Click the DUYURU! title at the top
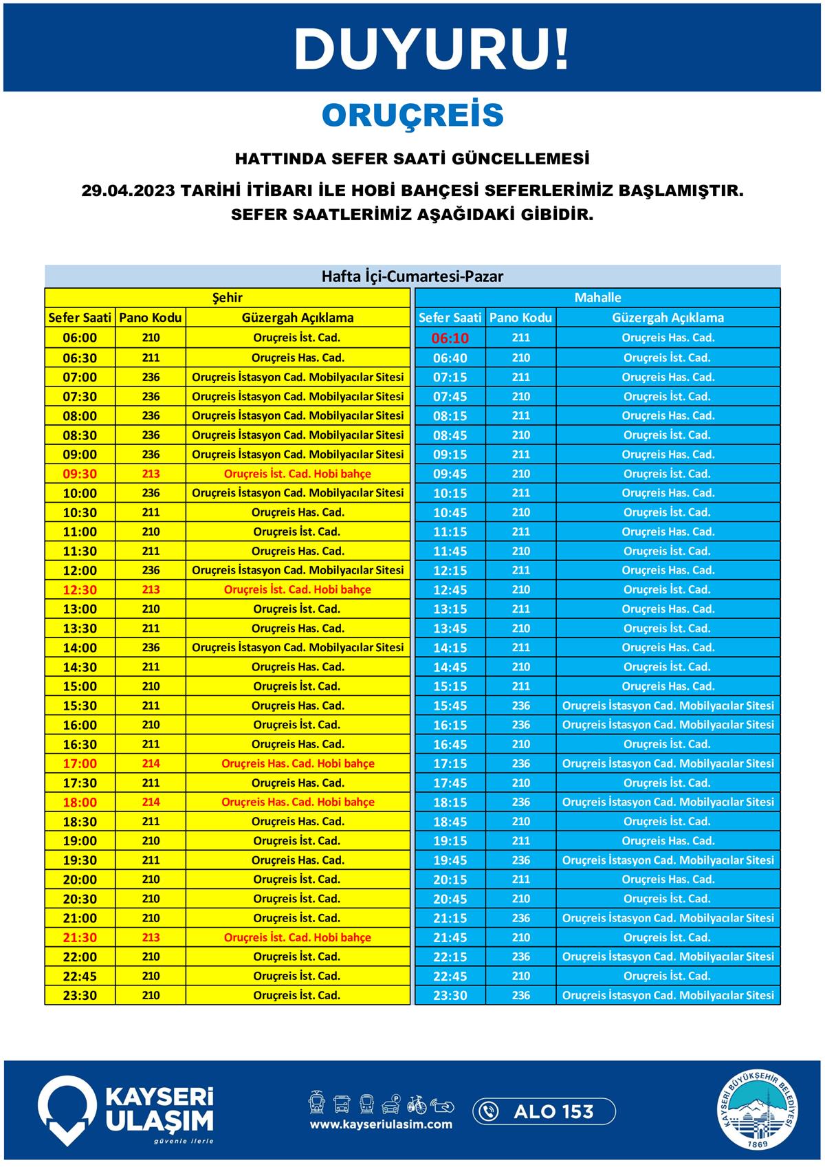432,50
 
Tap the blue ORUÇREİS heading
412,116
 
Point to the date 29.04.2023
128,190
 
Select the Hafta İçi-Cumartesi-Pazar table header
412,276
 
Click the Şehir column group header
227,298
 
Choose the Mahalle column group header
597,298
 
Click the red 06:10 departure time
450,338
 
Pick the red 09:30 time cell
80,474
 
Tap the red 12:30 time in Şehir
80,590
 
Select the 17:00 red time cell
80,763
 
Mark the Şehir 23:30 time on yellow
80,995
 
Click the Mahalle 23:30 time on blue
450,995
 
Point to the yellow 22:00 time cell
80,957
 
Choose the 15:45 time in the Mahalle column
450,706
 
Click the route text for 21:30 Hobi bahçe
297,937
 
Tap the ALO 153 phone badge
544,1111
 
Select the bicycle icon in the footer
417,1104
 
